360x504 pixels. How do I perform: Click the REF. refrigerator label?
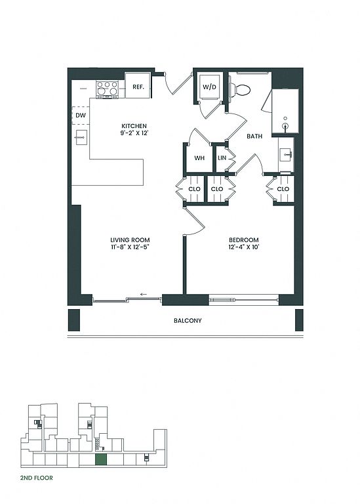coord(138,87)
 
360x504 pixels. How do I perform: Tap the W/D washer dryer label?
coord(209,87)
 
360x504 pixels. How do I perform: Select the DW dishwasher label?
coord(81,115)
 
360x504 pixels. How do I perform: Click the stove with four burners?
coord(108,89)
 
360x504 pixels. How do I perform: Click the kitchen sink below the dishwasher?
coord(81,138)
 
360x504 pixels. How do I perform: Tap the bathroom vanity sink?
coord(285,155)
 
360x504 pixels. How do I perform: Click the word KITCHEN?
coord(134,126)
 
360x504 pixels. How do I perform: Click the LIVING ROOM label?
coord(130,240)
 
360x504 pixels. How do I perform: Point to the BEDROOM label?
coord(244,240)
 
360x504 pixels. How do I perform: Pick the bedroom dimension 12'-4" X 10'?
coord(244,247)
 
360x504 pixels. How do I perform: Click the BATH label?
coord(254,136)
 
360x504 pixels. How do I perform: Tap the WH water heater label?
coord(199,158)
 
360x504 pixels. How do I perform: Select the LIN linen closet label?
coord(222,158)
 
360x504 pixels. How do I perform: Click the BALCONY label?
coord(188,320)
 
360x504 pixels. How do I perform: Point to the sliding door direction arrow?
coord(144,294)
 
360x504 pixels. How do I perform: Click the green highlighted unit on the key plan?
coord(101,459)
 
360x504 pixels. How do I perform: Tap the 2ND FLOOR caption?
coord(36,478)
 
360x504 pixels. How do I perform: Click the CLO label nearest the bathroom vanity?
coord(283,189)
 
